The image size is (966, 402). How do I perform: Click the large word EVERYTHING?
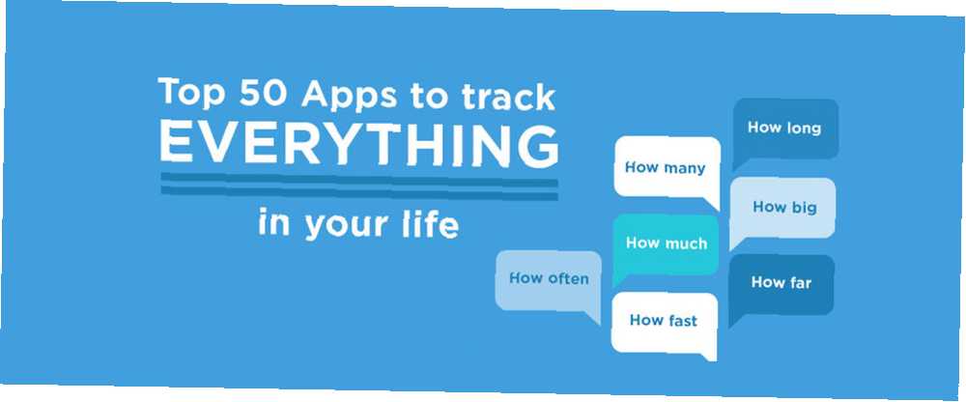[359, 143]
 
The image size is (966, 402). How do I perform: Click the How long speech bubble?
[784, 129]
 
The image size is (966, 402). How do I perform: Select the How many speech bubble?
[667, 168]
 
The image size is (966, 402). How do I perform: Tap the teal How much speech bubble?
[667, 244]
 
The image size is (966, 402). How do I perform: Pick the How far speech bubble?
[781, 283]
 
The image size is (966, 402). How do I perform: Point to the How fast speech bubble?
[665, 321]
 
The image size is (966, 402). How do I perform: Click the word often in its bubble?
[567, 278]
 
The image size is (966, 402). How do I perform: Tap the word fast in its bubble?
[682, 320]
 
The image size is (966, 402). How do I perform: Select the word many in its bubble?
[684, 168]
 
